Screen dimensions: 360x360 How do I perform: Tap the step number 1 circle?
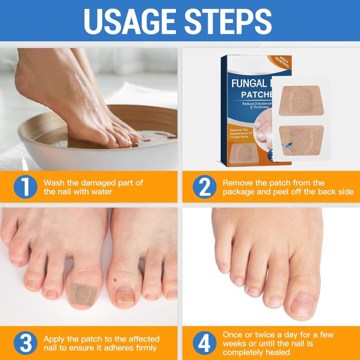click(25, 187)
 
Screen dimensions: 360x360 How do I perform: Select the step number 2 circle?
click(205, 187)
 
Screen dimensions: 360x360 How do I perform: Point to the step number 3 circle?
click(25, 343)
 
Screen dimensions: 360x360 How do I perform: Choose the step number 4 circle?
click(205, 343)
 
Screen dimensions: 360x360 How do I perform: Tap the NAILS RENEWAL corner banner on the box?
click(283, 62)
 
